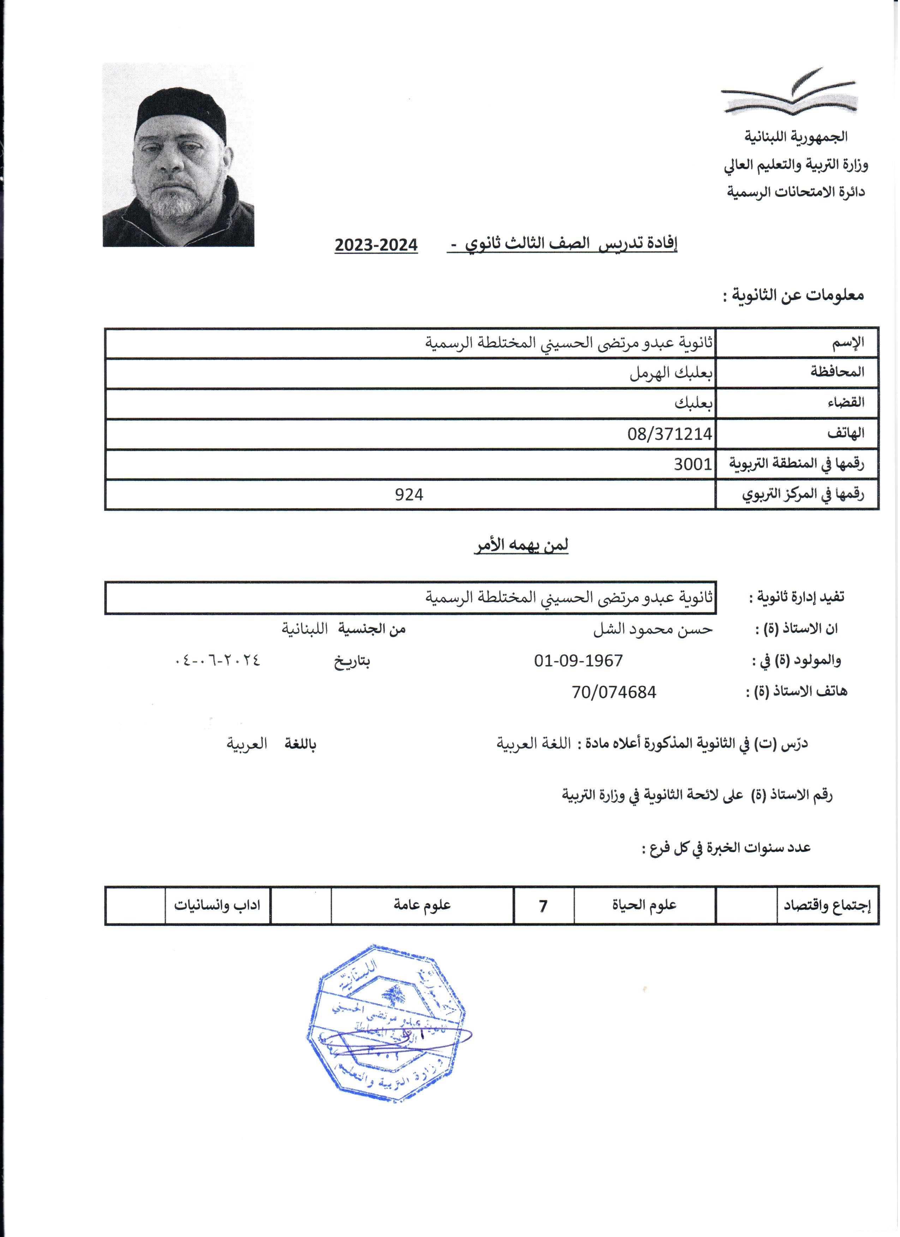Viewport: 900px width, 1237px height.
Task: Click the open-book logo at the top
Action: point(790,93)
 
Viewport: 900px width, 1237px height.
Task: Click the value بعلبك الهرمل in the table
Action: point(671,374)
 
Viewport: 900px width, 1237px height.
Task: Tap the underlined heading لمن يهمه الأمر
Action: point(521,546)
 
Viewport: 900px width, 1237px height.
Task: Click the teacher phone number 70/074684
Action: point(614,693)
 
